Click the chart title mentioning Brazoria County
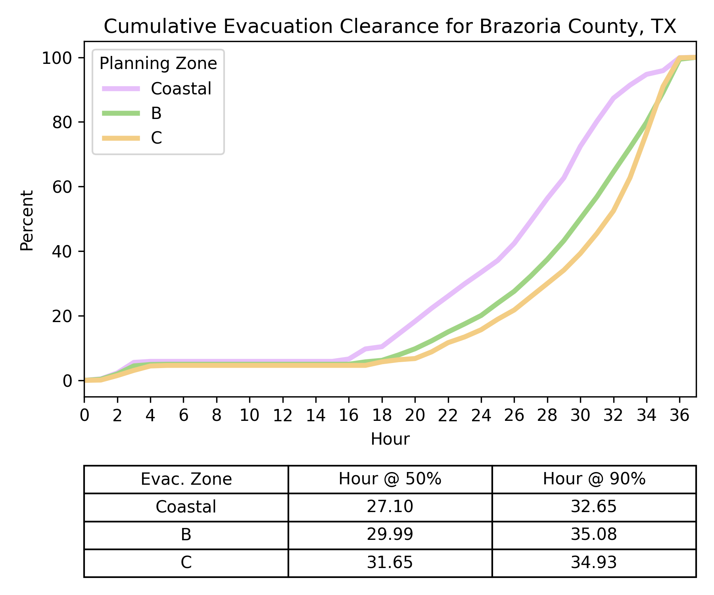(x=390, y=27)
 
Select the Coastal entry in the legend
(x=181, y=89)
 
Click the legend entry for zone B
(x=156, y=113)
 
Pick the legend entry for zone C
(x=156, y=138)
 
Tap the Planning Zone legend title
(x=158, y=63)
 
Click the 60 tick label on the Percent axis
(x=62, y=187)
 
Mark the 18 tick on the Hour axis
(x=382, y=416)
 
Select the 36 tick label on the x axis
(x=679, y=416)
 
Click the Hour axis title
(x=390, y=440)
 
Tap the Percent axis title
(x=27, y=220)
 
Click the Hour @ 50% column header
(x=390, y=479)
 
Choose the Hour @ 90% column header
(x=594, y=479)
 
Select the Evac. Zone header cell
(x=186, y=479)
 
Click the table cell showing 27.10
(x=390, y=507)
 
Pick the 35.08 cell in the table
(x=594, y=535)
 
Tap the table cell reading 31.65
(x=390, y=562)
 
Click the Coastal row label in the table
(x=186, y=507)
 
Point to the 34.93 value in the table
(x=594, y=562)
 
